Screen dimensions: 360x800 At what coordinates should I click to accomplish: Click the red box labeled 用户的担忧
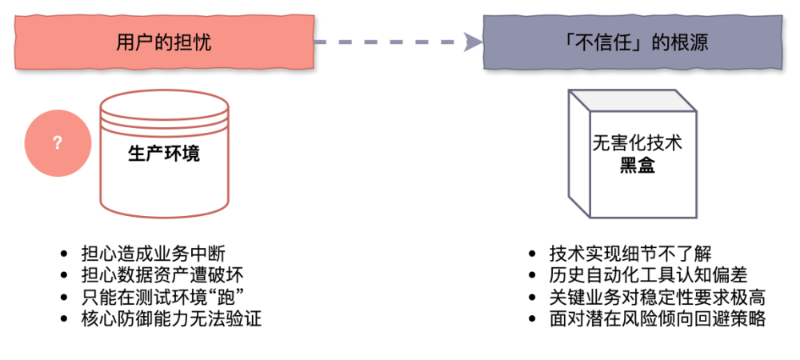click(164, 42)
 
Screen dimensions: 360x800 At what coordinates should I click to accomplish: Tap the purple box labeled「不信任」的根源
click(632, 42)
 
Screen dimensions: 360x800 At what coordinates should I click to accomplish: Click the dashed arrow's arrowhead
click(473, 42)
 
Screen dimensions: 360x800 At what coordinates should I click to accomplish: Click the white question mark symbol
click(57, 143)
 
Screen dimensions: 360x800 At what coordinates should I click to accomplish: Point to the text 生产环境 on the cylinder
click(164, 154)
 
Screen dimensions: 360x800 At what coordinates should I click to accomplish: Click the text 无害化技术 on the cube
click(637, 144)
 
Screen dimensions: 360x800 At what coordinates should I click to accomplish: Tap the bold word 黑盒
click(637, 166)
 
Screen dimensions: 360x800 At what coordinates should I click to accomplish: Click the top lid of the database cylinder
click(164, 104)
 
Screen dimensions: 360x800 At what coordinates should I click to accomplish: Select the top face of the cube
click(632, 100)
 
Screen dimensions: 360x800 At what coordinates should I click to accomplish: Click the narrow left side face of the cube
click(578, 152)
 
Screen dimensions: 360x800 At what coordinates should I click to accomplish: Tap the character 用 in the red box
click(125, 42)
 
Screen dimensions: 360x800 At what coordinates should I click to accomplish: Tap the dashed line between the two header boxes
click(384, 42)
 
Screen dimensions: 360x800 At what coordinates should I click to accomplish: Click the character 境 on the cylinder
click(191, 154)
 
